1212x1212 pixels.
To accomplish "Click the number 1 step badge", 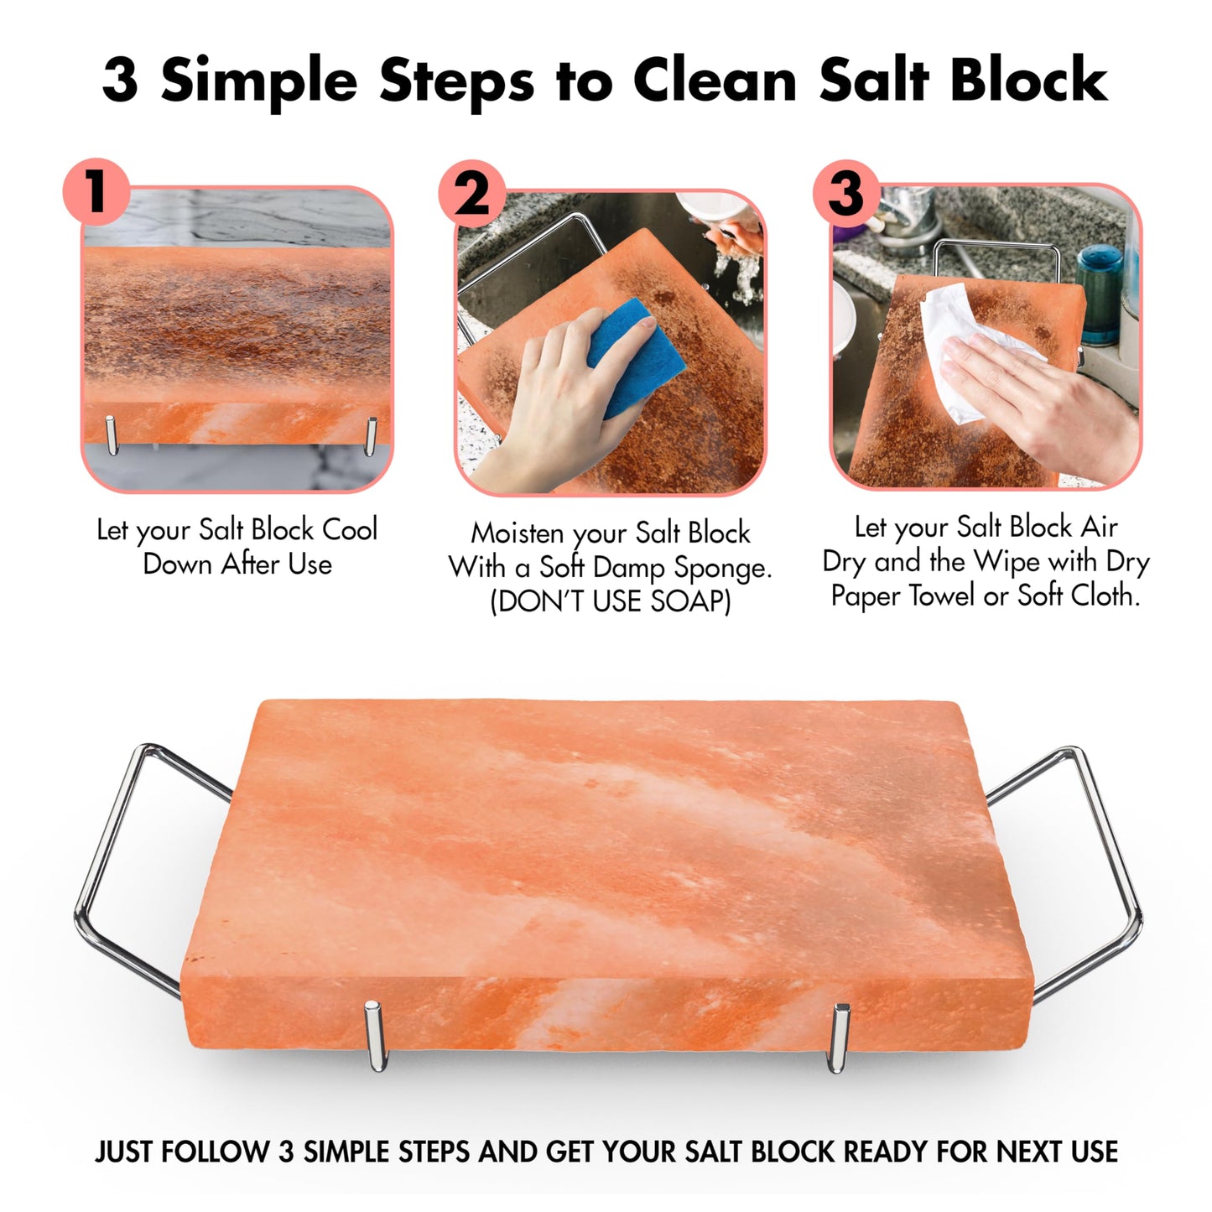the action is coord(96,191).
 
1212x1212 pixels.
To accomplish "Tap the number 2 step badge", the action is coord(471,194).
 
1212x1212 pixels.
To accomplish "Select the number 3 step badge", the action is coord(846,192).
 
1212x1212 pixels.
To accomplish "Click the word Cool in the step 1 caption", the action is coord(350,529).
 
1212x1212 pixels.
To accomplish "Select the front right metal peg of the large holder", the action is coord(839,1038).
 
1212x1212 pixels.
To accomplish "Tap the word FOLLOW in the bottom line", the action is coord(215,1152).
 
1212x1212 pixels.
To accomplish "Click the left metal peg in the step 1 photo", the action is coord(112,434).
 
